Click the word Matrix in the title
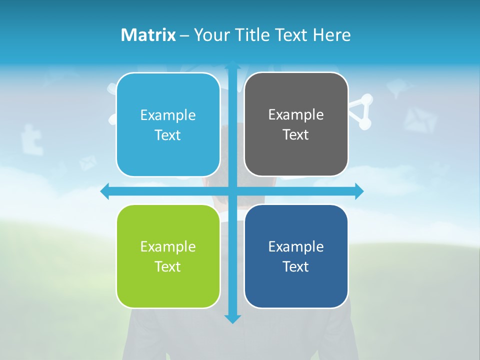click(148, 35)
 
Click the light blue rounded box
click(168, 125)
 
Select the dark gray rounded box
click(296, 124)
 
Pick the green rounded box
click(168, 256)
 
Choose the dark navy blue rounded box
click(296, 256)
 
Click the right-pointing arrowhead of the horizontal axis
click(358, 191)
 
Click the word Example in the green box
click(168, 246)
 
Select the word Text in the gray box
click(296, 135)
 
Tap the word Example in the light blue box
click(168, 115)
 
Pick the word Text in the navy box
click(296, 267)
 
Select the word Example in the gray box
click(296, 114)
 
